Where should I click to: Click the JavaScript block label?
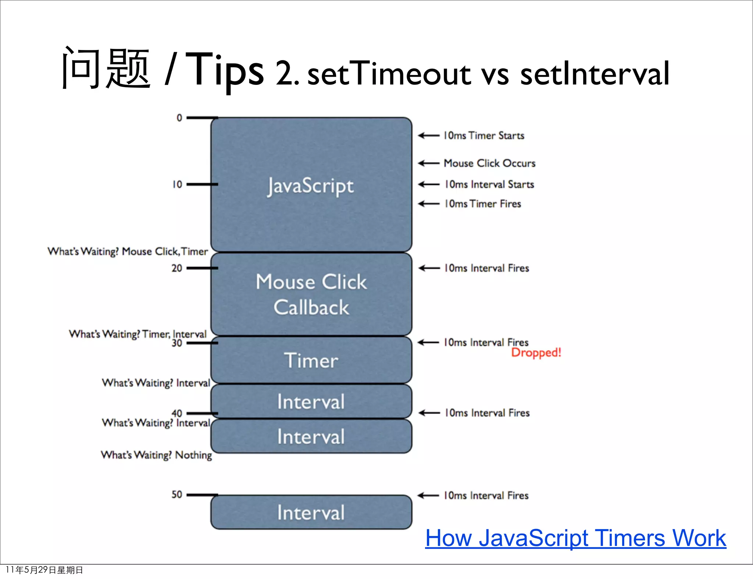point(311,186)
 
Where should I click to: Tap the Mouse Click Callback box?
point(311,294)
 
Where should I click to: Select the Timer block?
point(311,360)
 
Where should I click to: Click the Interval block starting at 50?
point(311,512)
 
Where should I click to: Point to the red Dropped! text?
point(536,353)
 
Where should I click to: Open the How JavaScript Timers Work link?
point(575,538)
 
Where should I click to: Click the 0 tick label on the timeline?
point(179,118)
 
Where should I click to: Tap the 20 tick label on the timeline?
point(176,268)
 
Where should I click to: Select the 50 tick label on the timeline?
point(176,495)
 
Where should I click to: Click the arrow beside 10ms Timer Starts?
point(429,136)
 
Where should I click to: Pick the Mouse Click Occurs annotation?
point(489,163)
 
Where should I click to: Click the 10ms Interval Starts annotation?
point(489,184)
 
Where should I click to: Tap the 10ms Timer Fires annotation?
point(483,204)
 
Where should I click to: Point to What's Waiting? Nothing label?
point(156,455)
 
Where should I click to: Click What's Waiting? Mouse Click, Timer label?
point(128,252)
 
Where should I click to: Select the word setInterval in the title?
point(595,74)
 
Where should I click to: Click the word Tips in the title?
point(224,70)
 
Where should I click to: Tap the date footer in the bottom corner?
point(44,570)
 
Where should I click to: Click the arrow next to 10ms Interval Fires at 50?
point(429,495)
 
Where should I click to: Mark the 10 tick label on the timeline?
point(177,184)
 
